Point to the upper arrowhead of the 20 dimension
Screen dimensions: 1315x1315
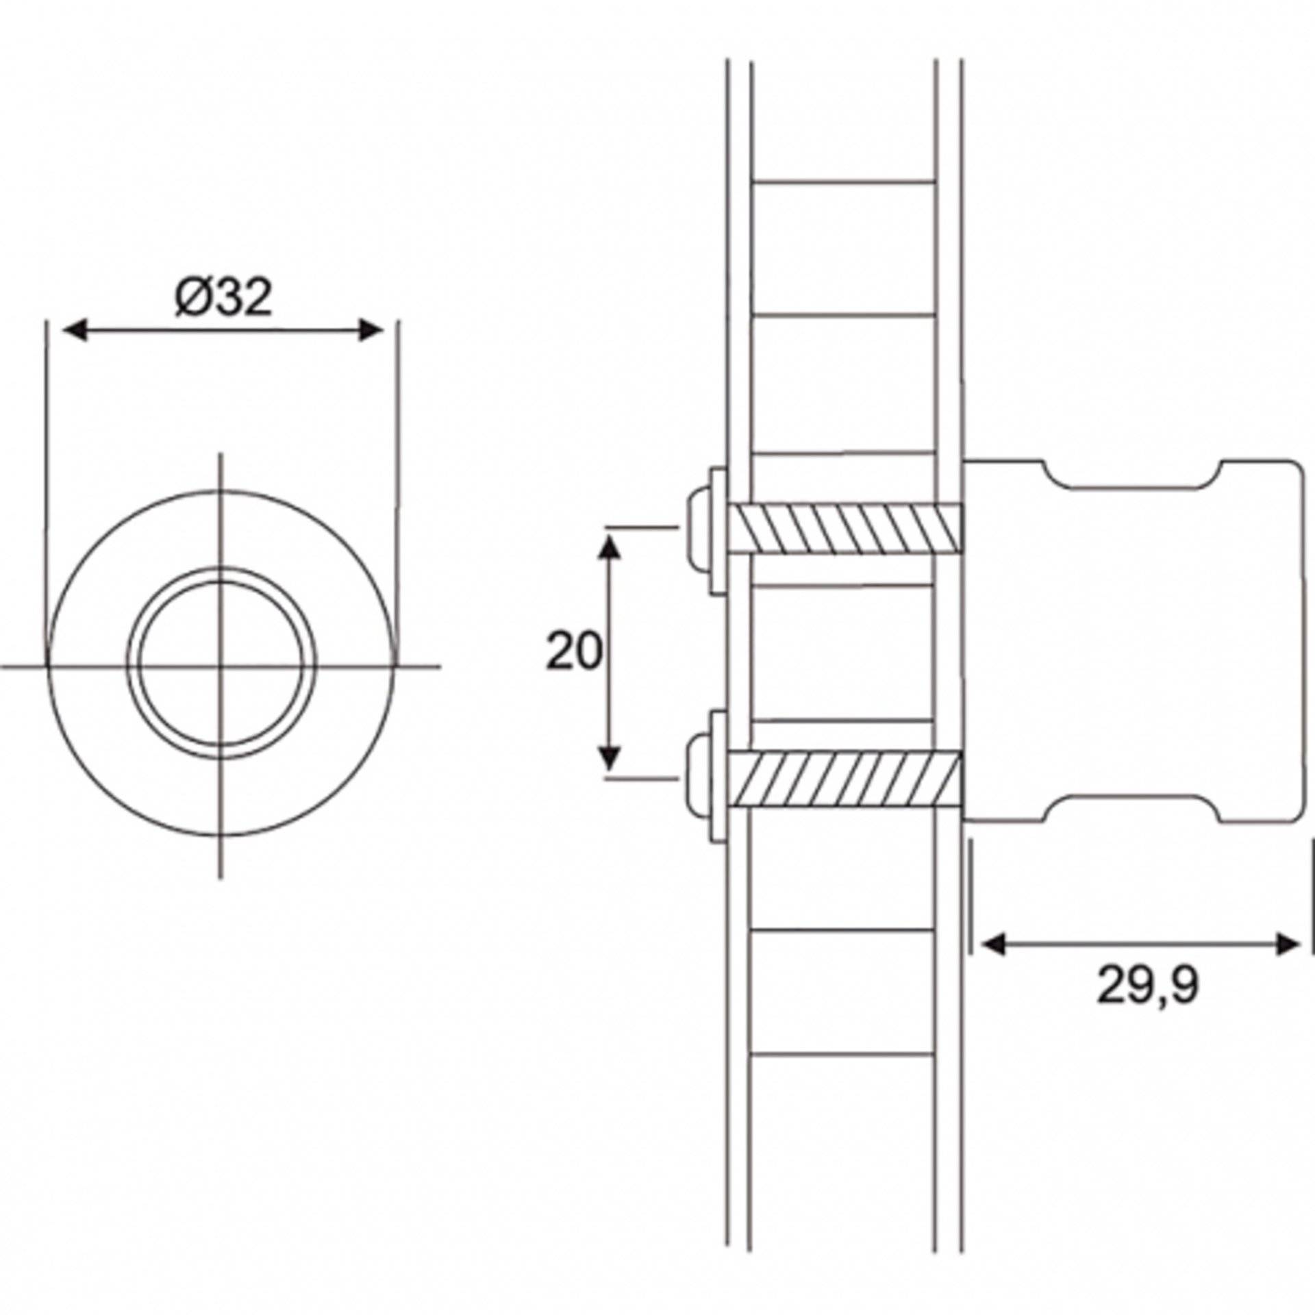coord(610,548)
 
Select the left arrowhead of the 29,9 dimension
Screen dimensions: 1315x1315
coord(993,945)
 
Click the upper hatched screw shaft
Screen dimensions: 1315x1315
coord(846,529)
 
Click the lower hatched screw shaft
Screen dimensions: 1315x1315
coord(846,779)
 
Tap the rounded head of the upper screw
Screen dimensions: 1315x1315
coord(697,529)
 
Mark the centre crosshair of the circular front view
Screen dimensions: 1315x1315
coord(220,665)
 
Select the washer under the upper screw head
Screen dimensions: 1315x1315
coord(718,531)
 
